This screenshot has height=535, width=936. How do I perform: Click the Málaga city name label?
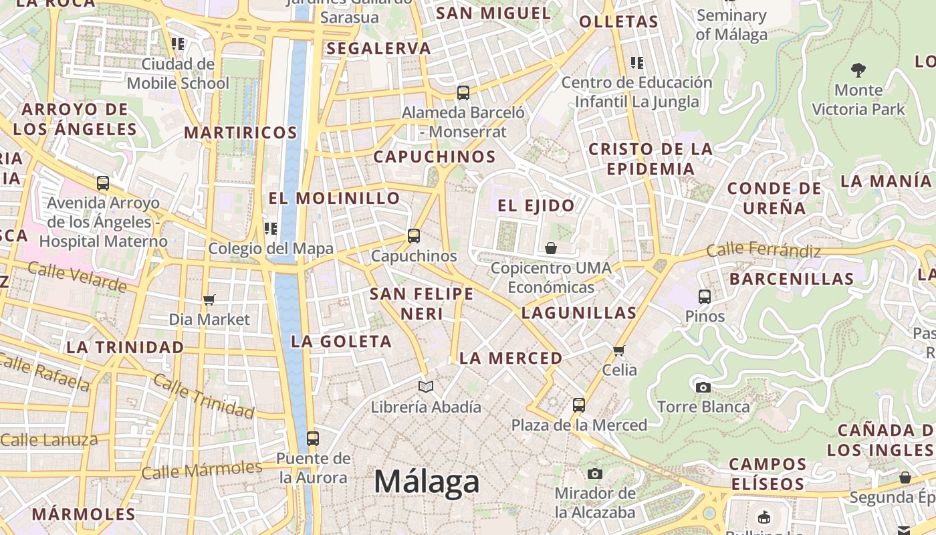pyautogui.click(x=427, y=482)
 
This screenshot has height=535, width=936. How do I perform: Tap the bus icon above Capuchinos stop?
pyautogui.click(x=414, y=236)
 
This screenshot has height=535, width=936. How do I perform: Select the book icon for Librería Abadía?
pyautogui.click(x=426, y=387)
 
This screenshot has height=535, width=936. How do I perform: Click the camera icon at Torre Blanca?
pyautogui.click(x=703, y=387)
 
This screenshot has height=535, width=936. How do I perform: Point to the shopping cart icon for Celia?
pyautogui.click(x=619, y=350)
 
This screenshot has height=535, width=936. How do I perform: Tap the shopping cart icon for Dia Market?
pyautogui.click(x=209, y=300)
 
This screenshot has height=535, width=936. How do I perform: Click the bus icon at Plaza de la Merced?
pyautogui.click(x=579, y=405)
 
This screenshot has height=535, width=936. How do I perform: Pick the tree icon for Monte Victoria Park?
pyautogui.click(x=858, y=70)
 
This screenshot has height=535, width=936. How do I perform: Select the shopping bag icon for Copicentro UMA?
pyautogui.click(x=551, y=249)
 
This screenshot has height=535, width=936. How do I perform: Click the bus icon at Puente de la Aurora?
pyautogui.click(x=313, y=439)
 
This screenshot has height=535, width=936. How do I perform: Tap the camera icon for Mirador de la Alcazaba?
pyautogui.click(x=595, y=474)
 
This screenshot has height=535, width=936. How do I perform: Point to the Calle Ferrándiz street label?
pyautogui.click(x=764, y=251)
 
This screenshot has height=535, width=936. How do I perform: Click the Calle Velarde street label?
pyautogui.click(x=77, y=276)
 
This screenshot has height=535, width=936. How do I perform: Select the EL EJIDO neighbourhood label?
pyautogui.click(x=536, y=205)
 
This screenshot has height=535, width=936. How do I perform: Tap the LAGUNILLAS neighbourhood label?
pyautogui.click(x=579, y=312)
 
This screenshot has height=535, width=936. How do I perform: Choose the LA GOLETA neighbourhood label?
pyautogui.click(x=342, y=342)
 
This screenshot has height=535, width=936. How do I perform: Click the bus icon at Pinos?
pyautogui.click(x=705, y=296)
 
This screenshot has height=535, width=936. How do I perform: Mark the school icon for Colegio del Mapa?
pyautogui.click(x=271, y=229)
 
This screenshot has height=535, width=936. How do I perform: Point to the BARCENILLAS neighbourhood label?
pyautogui.click(x=792, y=278)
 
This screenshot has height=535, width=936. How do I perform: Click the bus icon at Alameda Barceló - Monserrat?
pyautogui.click(x=463, y=93)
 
